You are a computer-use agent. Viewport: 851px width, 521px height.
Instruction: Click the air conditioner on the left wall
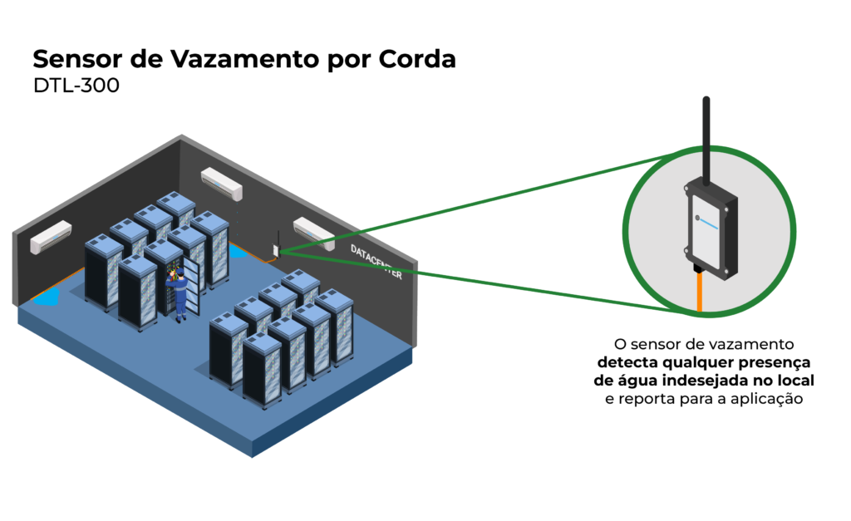[x=51, y=236]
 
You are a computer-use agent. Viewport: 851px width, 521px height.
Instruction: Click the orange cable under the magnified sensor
[x=700, y=295]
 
